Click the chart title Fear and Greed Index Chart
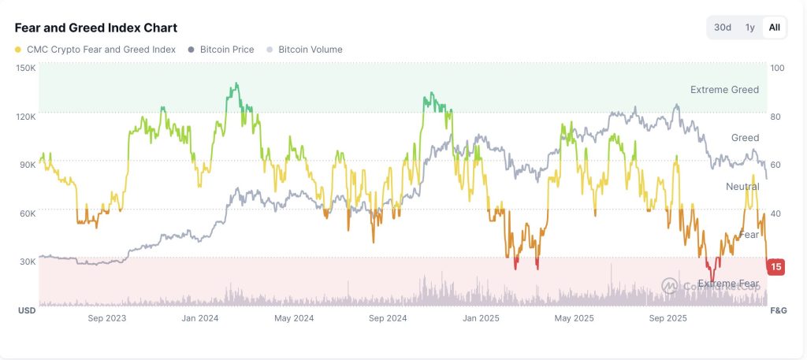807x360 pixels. tap(96, 28)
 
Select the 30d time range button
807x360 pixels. tap(723, 28)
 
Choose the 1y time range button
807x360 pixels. tap(750, 28)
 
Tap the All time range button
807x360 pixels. tap(775, 28)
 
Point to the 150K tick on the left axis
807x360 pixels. tap(26, 68)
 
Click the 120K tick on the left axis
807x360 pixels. tap(26, 117)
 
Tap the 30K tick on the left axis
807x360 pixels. tap(28, 262)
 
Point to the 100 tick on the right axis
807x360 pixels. tap(778, 68)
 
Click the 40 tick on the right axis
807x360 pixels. tap(776, 213)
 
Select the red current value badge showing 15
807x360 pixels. tap(776, 266)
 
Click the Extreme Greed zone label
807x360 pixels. tap(724, 90)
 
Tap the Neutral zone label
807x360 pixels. tap(742, 187)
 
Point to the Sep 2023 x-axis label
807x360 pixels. tap(107, 318)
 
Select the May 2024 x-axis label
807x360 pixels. tap(293, 318)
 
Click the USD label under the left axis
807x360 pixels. tap(27, 310)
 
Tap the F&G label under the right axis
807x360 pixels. tap(777, 310)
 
